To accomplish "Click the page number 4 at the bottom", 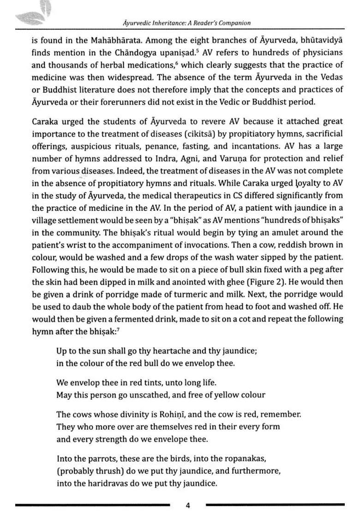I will pos(188,505).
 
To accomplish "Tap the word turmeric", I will pos(226,294).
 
